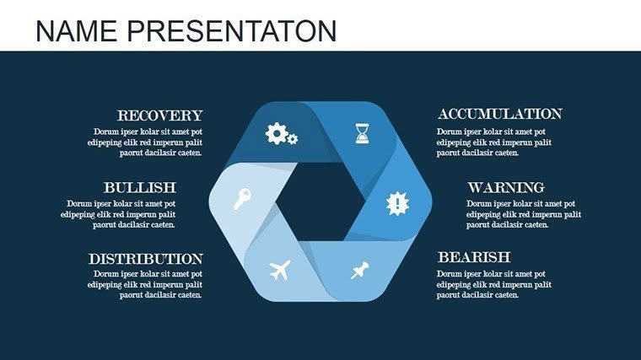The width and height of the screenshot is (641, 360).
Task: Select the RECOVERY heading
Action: click(159, 116)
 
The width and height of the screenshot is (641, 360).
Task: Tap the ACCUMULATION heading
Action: click(499, 114)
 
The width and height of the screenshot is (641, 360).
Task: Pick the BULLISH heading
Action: click(139, 187)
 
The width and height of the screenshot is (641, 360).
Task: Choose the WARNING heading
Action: click(506, 187)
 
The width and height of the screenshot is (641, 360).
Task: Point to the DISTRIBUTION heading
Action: click(146, 259)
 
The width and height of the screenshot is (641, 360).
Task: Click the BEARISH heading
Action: click(473, 257)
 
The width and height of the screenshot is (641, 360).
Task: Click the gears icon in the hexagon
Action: click(281, 133)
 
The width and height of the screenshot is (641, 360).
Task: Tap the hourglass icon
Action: click(362, 132)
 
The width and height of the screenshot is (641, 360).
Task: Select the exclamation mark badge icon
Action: click(396, 202)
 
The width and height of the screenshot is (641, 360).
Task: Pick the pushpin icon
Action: click(361, 270)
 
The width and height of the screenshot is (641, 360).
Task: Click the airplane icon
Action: click(280, 271)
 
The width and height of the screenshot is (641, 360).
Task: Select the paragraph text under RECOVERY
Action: click(148, 142)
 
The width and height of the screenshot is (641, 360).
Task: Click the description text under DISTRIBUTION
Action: click(148, 285)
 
